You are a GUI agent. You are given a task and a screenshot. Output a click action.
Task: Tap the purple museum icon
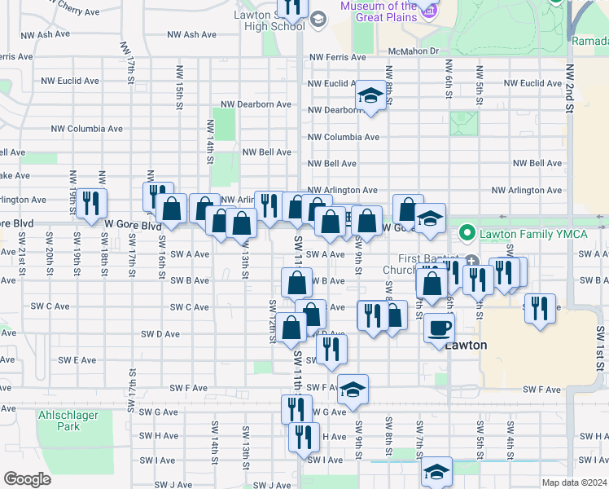pos(429,11)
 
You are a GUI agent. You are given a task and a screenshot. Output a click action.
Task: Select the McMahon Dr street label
pos(414,51)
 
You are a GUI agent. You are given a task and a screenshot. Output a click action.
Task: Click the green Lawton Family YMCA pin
pos(467,234)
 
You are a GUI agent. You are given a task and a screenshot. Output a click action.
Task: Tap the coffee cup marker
pos(440,328)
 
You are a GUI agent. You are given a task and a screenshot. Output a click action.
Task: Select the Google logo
pos(27,479)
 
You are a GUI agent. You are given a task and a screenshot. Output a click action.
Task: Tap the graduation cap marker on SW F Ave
pos(353,390)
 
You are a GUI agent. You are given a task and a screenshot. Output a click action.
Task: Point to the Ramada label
pos(590,41)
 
